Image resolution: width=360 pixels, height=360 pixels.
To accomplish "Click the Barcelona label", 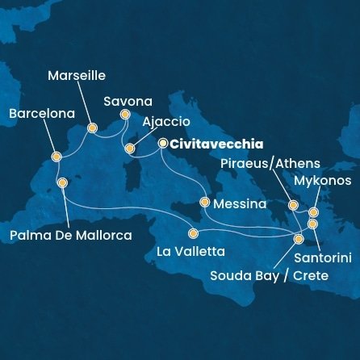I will [41, 114].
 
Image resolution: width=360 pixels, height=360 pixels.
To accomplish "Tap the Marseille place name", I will [77, 76].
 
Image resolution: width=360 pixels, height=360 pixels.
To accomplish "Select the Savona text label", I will [128, 102].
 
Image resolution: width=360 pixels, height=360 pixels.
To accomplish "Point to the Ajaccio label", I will [165, 122].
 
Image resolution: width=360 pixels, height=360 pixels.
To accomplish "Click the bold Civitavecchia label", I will [216, 144].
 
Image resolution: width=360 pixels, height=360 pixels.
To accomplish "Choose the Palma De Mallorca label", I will [71, 235].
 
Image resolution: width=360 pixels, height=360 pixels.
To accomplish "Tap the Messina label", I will [240, 204].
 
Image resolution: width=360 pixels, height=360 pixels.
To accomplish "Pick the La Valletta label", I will [190, 252].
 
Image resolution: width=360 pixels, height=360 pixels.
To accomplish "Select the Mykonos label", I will [322, 181].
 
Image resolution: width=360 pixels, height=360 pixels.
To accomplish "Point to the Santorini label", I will [323, 258].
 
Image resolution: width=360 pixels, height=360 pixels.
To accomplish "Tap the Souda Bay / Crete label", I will [269, 276].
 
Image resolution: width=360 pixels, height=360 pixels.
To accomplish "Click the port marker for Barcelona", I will [56, 157].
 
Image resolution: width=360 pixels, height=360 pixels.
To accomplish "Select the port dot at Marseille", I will [93, 128].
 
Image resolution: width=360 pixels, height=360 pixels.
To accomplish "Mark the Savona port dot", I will [125, 115].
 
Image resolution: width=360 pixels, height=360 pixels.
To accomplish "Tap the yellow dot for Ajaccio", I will [130, 149].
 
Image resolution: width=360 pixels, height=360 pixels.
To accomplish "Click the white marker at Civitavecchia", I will [163, 144].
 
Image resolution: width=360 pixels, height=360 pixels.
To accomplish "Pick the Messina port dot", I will [205, 203].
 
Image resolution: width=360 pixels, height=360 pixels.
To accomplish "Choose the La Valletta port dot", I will [192, 234].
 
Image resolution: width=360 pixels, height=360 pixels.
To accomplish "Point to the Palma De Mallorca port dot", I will [62, 183].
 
